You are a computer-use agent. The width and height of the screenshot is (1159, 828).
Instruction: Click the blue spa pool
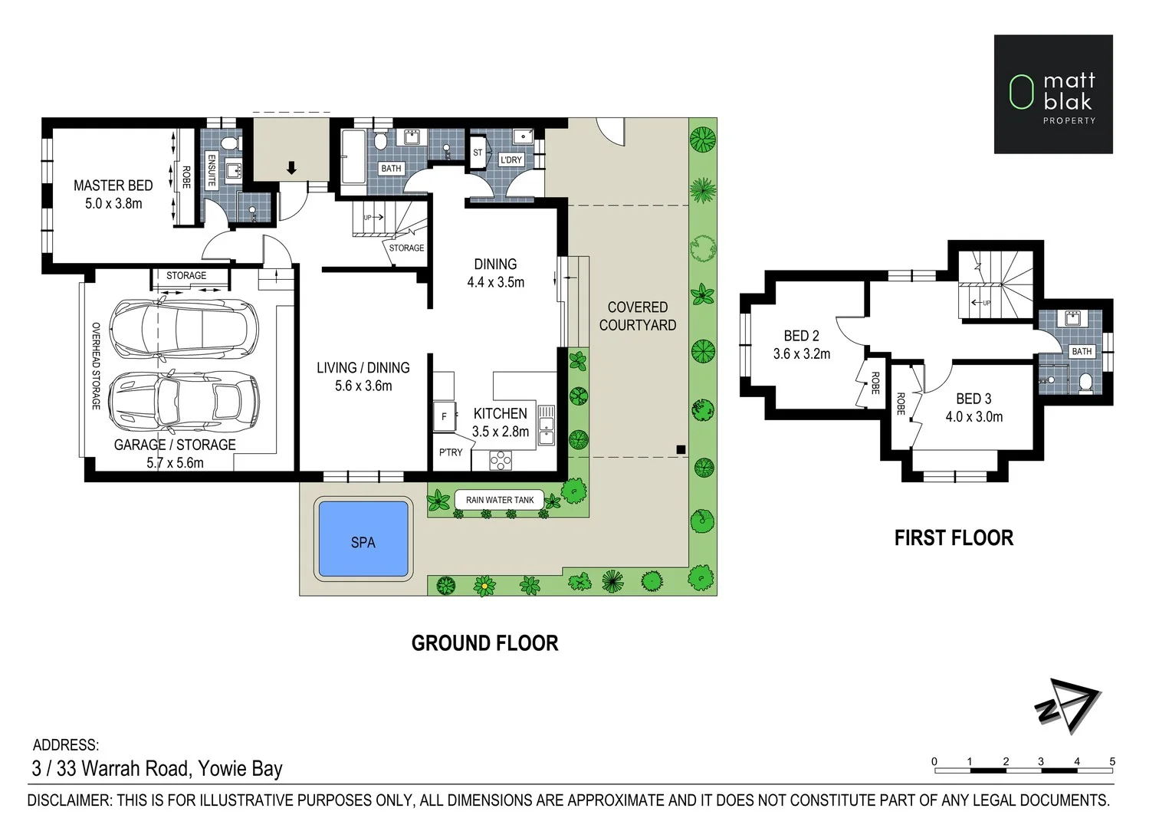point(363,539)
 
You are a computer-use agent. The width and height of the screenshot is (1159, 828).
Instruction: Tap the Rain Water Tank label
point(500,500)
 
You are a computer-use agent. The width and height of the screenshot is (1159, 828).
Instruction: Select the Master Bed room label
point(113,186)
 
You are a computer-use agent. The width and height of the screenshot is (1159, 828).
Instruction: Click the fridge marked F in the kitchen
point(445,416)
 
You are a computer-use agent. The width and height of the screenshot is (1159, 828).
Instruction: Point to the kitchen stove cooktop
point(501,460)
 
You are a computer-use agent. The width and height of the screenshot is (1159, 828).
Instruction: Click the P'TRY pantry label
point(451,452)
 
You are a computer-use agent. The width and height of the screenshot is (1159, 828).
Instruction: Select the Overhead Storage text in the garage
point(96,366)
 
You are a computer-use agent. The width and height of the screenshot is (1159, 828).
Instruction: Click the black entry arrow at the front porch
point(292,168)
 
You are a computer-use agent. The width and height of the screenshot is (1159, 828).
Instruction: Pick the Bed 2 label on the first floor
point(802,336)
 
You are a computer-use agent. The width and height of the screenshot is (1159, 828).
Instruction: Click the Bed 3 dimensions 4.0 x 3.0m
point(974,416)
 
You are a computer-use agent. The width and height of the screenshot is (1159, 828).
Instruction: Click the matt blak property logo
point(1053,94)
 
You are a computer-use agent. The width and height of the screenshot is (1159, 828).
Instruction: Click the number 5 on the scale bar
point(1112,761)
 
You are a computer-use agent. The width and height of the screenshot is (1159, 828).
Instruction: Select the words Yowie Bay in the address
point(240,769)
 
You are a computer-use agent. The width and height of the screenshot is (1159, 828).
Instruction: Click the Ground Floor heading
point(484,643)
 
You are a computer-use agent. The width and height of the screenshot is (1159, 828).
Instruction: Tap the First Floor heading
point(954,538)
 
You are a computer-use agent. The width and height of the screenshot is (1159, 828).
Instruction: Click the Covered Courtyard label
point(638,316)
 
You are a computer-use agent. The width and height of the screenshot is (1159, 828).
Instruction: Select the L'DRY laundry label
point(511,160)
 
